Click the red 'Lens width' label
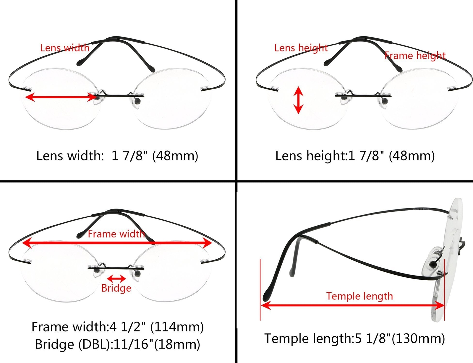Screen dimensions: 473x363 (65, 48)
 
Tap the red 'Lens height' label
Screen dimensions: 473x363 (301, 48)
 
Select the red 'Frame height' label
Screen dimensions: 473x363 (415, 56)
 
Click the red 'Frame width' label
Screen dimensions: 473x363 (116, 234)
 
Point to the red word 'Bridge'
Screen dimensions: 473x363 (116, 288)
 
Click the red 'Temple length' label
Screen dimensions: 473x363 (359, 296)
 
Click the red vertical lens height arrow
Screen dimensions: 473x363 (298, 100)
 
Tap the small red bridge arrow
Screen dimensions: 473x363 (116, 278)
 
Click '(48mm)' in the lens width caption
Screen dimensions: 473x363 (175, 156)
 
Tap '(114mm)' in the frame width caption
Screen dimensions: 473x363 (177, 327)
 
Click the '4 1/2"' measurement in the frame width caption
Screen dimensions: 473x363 (128, 327)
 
